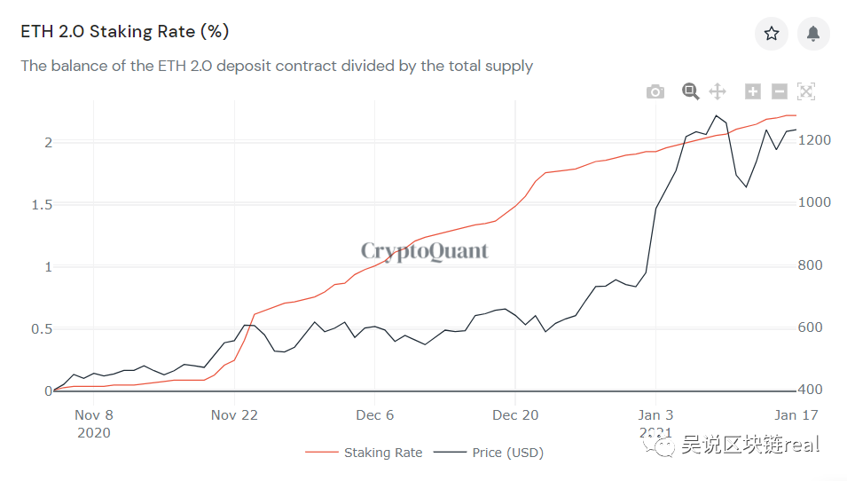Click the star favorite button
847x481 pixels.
click(772, 34)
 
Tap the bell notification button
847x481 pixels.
click(813, 34)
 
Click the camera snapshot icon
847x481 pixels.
click(655, 91)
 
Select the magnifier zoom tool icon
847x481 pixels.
click(690, 91)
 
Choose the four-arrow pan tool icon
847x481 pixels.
click(718, 91)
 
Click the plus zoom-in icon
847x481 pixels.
click(752, 91)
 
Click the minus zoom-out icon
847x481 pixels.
click(779, 91)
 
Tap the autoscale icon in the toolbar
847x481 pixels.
click(806, 91)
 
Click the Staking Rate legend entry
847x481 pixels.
click(364, 453)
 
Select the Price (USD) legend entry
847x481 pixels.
click(489, 453)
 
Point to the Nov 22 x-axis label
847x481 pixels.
click(234, 415)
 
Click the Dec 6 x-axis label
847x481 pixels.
click(375, 415)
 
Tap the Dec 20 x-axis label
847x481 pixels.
click(515, 415)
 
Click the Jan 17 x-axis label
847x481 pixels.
click(796, 415)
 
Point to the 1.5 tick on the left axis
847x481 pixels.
click(43, 205)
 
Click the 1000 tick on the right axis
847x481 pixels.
click(814, 202)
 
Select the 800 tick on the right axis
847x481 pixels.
click(811, 264)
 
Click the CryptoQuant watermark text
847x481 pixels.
click(425, 251)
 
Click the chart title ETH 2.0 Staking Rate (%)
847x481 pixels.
click(125, 31)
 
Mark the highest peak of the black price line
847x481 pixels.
click(717, 115)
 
